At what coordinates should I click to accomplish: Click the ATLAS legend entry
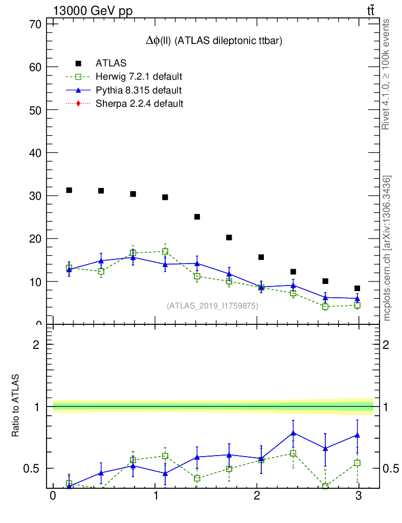[x=111, y=63]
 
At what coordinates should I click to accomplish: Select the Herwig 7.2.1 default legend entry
[x=139, y=77]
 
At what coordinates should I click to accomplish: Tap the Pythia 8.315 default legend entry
[x=139, y=90]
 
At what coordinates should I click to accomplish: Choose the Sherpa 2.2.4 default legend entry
[x=140, y=104]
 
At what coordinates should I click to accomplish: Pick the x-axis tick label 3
[x=359, y=496]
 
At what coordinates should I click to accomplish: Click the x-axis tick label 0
[x=53, y=496]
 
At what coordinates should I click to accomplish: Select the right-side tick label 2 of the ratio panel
[x=388, y=344]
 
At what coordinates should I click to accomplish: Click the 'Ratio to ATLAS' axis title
[x=16, y=406]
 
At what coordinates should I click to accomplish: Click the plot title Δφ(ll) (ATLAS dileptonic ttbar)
[x=214, y=41]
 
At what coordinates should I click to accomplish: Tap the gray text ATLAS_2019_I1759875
[x=212, y=306]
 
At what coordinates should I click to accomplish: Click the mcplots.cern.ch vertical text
[x=387, y=248]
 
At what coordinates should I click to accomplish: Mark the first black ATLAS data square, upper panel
[x=69, y=190]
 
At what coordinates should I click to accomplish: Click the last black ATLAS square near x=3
[x=357, y=289]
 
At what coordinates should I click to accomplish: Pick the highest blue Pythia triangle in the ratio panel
[x=293, y=433]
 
